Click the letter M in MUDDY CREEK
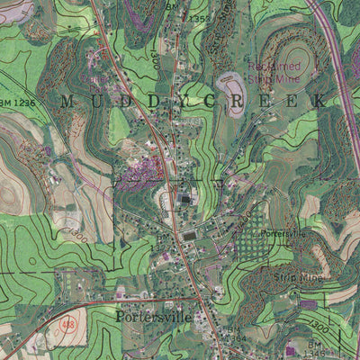pyautogui.click(x=64, y=103)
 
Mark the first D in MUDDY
pyautogui.click(x=121, y=103)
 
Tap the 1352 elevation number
pyautogui.click(x=200, y=18)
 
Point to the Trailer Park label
pyautogui.click(x=96, y=84)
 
